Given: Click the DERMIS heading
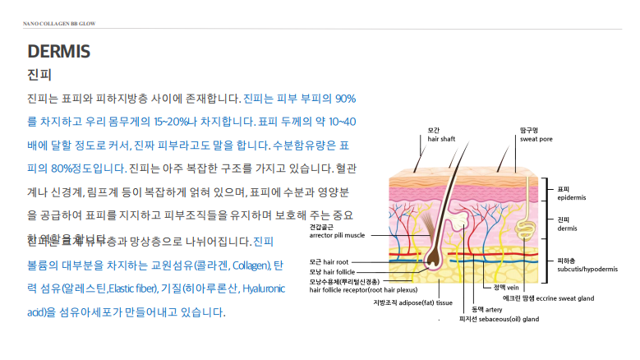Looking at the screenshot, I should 58,51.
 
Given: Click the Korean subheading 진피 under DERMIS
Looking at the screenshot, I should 39,75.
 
